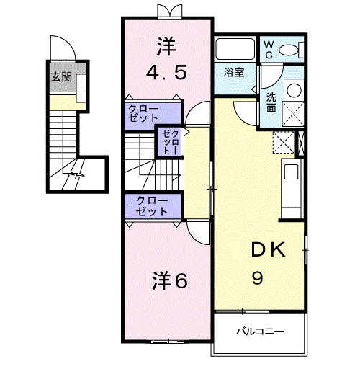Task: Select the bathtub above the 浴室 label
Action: pyautogui.click(x=235, y=50)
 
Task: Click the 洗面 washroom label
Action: pyautogui.click(x=271, y=102)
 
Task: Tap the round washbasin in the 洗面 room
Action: pyautogui.click(x=293, y=91)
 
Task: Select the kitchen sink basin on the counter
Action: pyautogui.click(x=291, y=172)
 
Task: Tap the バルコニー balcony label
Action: pyautogui.click(x=260, y=332)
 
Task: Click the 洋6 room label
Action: pyautogui.click(x=170, y=281)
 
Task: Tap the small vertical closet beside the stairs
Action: pyautogui.click(x=170, y=142)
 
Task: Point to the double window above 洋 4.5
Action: pyautogui.click(x=167, y=10)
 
